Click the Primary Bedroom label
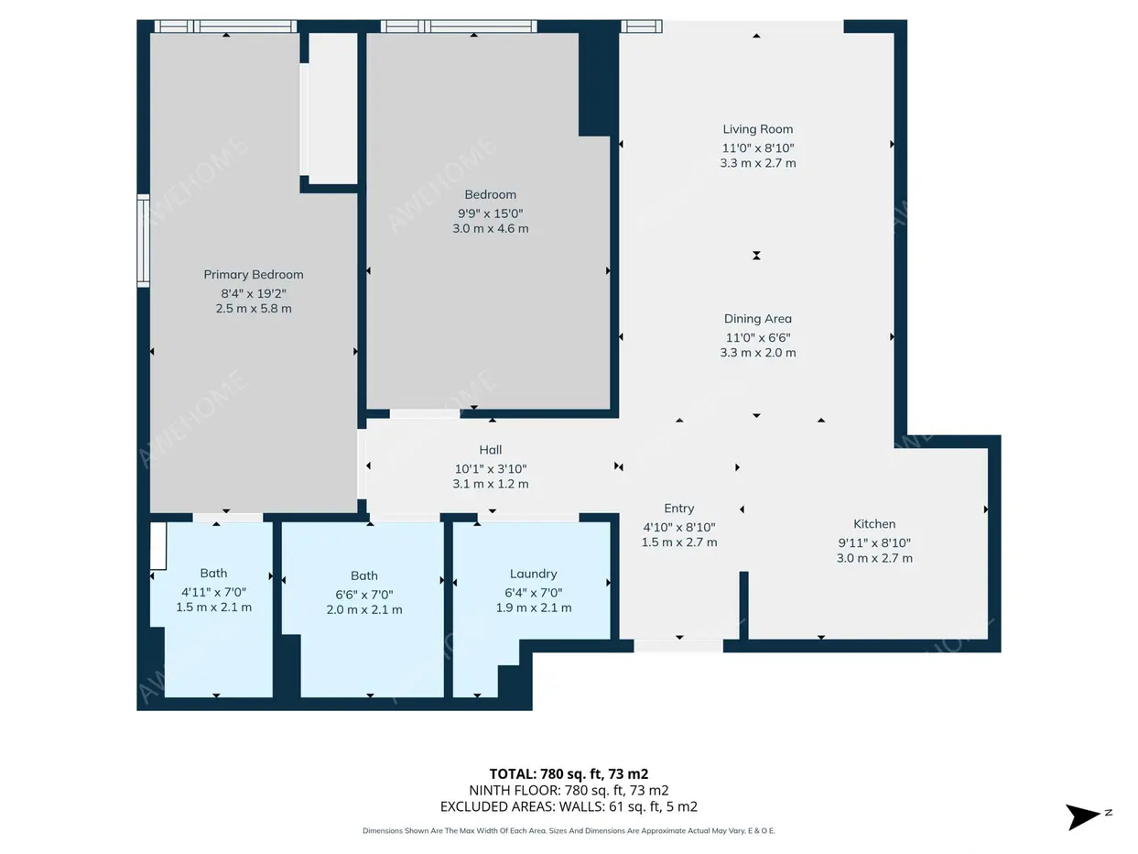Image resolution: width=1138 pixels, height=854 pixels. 253,275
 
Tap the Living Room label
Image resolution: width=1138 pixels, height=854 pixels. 757,129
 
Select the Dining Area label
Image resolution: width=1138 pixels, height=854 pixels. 757,319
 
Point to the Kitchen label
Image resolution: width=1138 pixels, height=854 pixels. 874,524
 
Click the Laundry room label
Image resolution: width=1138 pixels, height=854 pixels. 533,574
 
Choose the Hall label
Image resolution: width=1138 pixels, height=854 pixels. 490,450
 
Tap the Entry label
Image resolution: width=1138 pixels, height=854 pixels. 678,509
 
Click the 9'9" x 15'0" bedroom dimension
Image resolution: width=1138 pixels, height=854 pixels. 490,213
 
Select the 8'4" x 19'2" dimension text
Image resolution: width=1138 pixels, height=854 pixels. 253,293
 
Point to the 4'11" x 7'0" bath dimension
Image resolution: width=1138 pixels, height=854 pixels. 213,592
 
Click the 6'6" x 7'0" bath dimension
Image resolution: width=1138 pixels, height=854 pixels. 364,595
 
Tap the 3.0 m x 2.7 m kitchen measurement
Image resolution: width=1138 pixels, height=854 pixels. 874,558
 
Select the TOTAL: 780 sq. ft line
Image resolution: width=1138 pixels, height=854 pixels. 569,774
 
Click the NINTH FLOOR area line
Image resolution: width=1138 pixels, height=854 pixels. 569,790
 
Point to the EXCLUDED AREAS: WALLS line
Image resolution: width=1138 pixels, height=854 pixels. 569,806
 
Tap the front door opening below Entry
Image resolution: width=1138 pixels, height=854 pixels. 678,645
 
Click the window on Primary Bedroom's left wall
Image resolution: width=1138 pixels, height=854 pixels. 143,241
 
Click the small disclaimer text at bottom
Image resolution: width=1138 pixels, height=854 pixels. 569,831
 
